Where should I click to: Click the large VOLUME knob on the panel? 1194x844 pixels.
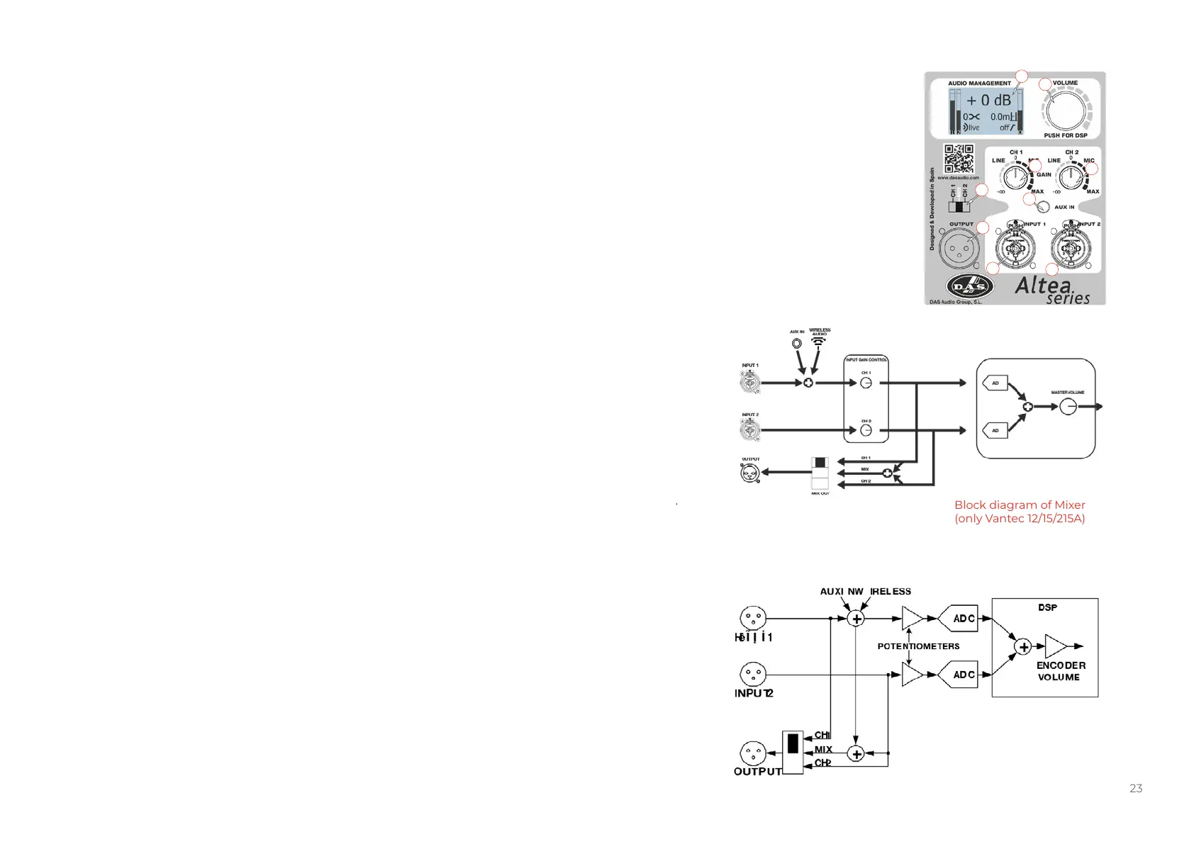coord(1065,111)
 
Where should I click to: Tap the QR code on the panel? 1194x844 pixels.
coord(959,159)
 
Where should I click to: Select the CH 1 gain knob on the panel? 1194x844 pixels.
coord(1015,177)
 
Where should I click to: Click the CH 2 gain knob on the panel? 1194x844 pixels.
coord(1071,177)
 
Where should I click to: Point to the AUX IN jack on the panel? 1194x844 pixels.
coord(1042,207)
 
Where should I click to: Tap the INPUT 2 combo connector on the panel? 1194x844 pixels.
coord(1070,249)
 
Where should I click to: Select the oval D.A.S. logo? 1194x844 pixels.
coord(969,287)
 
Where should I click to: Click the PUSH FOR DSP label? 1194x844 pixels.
coord(1065,135)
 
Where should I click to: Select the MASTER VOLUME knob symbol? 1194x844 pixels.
coord(1068,407)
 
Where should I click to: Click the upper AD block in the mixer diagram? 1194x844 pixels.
coord(995,383)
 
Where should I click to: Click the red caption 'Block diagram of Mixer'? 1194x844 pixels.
coord(1020,505)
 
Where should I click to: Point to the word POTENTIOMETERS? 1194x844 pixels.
coord(918,646)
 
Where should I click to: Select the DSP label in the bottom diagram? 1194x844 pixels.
coord(1047,607)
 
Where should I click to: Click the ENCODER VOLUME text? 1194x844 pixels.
coord(1060,671)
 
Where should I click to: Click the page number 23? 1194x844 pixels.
coord(1136,788)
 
